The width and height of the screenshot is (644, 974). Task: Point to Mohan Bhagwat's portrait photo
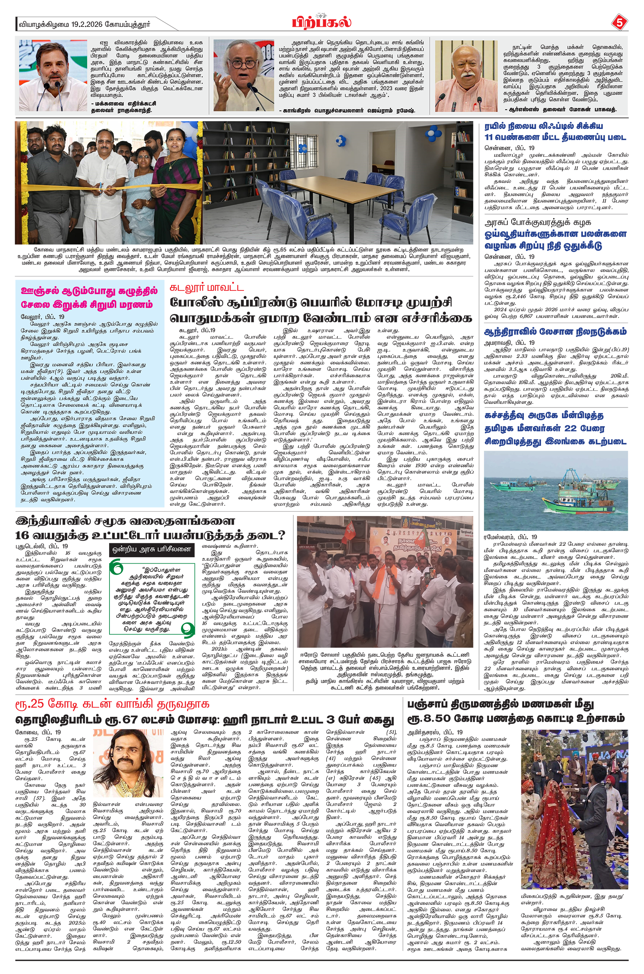point(467,76)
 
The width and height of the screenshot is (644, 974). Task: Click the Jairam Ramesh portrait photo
point(244,76)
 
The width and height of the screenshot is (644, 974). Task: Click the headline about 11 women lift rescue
point(555,131)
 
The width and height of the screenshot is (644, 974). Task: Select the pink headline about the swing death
point(89,298)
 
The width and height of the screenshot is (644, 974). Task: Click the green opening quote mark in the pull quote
point(117,569)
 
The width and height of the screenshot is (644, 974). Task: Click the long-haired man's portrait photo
point(128,763)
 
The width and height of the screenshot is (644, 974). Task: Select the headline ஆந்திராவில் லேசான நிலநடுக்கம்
point(555,332)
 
